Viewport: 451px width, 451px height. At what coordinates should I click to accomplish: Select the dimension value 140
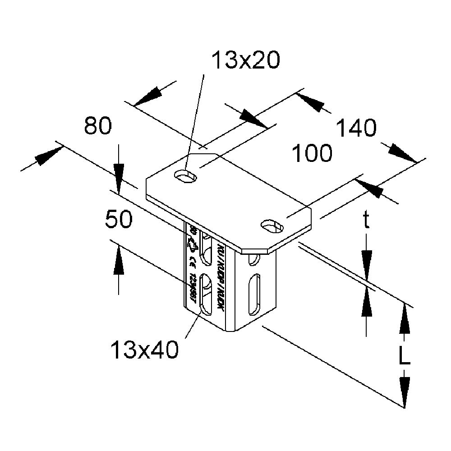[356, 129]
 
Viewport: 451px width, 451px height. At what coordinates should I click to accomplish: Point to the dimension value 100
[312, 154]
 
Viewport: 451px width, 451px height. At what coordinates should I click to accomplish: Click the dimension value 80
[97, 127]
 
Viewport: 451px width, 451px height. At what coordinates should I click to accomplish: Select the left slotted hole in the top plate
[186, 175]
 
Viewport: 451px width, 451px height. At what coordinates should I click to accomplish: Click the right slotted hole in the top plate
[272, 225]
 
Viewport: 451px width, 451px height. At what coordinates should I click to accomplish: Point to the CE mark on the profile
[192, 261]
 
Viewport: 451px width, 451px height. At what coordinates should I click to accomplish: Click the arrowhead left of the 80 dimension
[47, 156]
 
